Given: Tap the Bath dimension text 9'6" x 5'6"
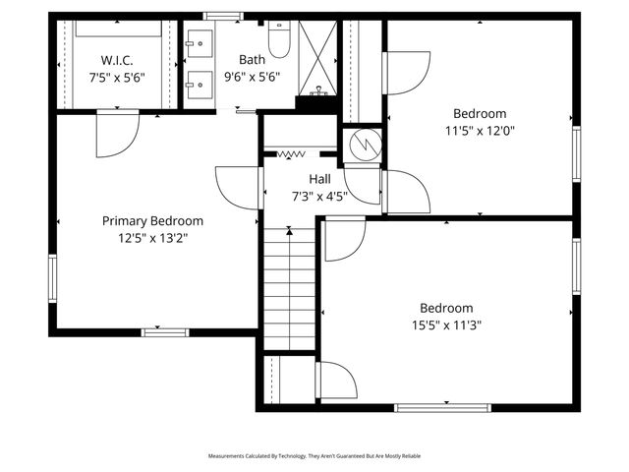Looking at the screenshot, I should coord(252,76).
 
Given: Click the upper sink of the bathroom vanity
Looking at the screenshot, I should coord(199,42).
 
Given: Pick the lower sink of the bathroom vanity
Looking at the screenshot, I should coord(199,83).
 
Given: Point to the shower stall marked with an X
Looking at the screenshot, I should coord(317,57).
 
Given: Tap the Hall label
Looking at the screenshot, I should coord(319,179).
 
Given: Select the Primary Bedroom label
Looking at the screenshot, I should coord(152,221).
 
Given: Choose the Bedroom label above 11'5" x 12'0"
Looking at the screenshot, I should coord(479,113).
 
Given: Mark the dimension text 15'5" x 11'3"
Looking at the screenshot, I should coord(446,324).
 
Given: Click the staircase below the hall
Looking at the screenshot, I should coord(289,290).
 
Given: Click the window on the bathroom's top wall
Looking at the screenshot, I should coord(222,15).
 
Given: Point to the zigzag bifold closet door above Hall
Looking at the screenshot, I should coord(291,154).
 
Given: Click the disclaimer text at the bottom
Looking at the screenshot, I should coord(314,456).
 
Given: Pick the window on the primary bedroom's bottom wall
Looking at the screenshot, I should coord(165,332).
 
